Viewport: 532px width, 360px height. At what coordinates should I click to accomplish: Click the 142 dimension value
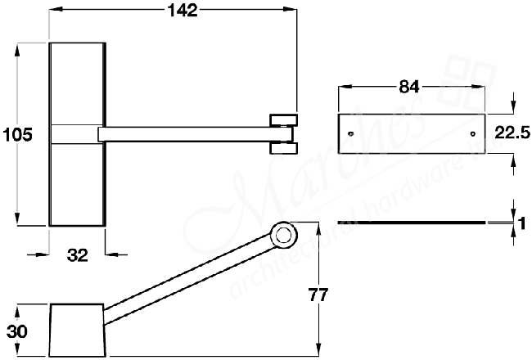click(x=181, y=11)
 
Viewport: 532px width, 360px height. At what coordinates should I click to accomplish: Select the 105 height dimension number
click(x=17, y=136)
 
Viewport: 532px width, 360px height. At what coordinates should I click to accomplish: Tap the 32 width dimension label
click(x=77, y=255)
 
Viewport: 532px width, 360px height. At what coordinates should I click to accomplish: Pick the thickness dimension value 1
click(x=520, y=223)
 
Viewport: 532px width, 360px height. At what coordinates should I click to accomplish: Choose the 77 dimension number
click(x=319, y=295)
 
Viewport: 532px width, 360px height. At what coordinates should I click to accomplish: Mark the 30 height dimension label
click(x=16, y=331)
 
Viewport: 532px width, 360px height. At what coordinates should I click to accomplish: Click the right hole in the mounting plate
click(x=473, y=133)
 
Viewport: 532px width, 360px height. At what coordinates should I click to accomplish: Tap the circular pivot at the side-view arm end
click(x=283, y=236)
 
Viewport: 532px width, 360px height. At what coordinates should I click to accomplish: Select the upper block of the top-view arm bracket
click(x=282, y=119)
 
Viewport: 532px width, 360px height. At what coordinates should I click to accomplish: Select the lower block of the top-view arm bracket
click(x=282, y=148)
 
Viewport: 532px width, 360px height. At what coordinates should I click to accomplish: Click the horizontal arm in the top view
click(x=184, y=133)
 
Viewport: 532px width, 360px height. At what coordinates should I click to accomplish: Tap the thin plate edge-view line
click(x=409, y=223)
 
